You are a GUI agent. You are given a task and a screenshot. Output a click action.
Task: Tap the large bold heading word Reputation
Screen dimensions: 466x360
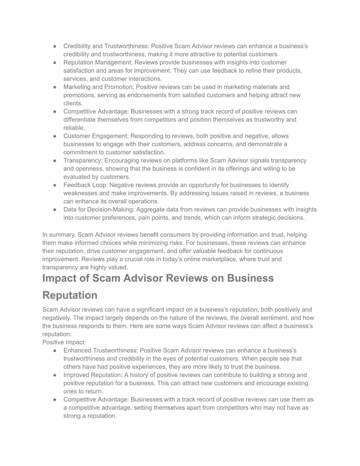coord(70,295)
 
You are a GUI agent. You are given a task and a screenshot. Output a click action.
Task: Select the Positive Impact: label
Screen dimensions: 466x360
coord(64,342)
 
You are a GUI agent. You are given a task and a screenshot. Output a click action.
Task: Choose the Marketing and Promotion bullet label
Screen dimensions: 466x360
coord(98,87)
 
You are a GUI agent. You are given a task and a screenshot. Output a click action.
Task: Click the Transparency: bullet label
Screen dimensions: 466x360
coord(83,160)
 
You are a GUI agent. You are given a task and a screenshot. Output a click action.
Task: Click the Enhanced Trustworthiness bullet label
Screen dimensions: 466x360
coord(101,351)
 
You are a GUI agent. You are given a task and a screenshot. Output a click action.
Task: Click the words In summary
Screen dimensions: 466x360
coord(58,235)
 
